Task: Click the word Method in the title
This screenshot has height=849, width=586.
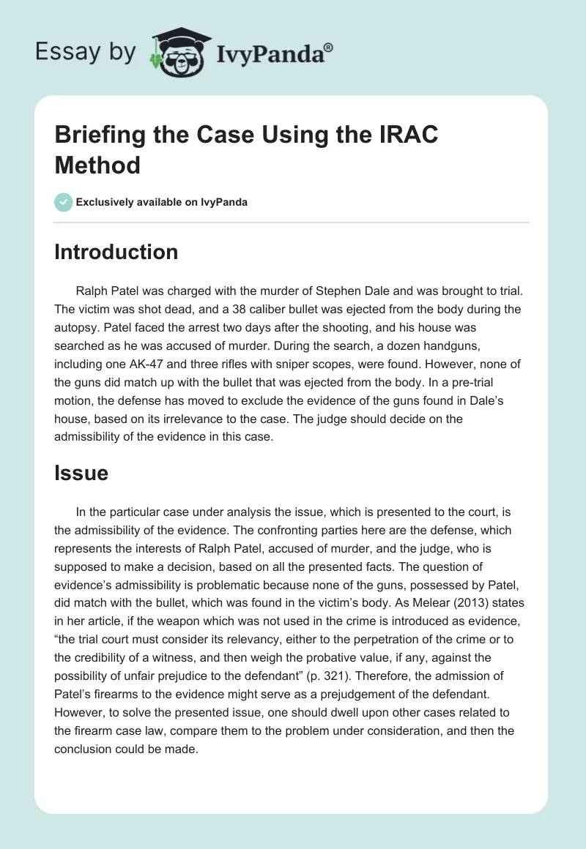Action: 97,165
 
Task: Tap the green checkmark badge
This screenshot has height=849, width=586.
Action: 63,202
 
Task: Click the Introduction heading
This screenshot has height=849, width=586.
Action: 116,252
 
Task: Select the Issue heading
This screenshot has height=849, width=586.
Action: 81,473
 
